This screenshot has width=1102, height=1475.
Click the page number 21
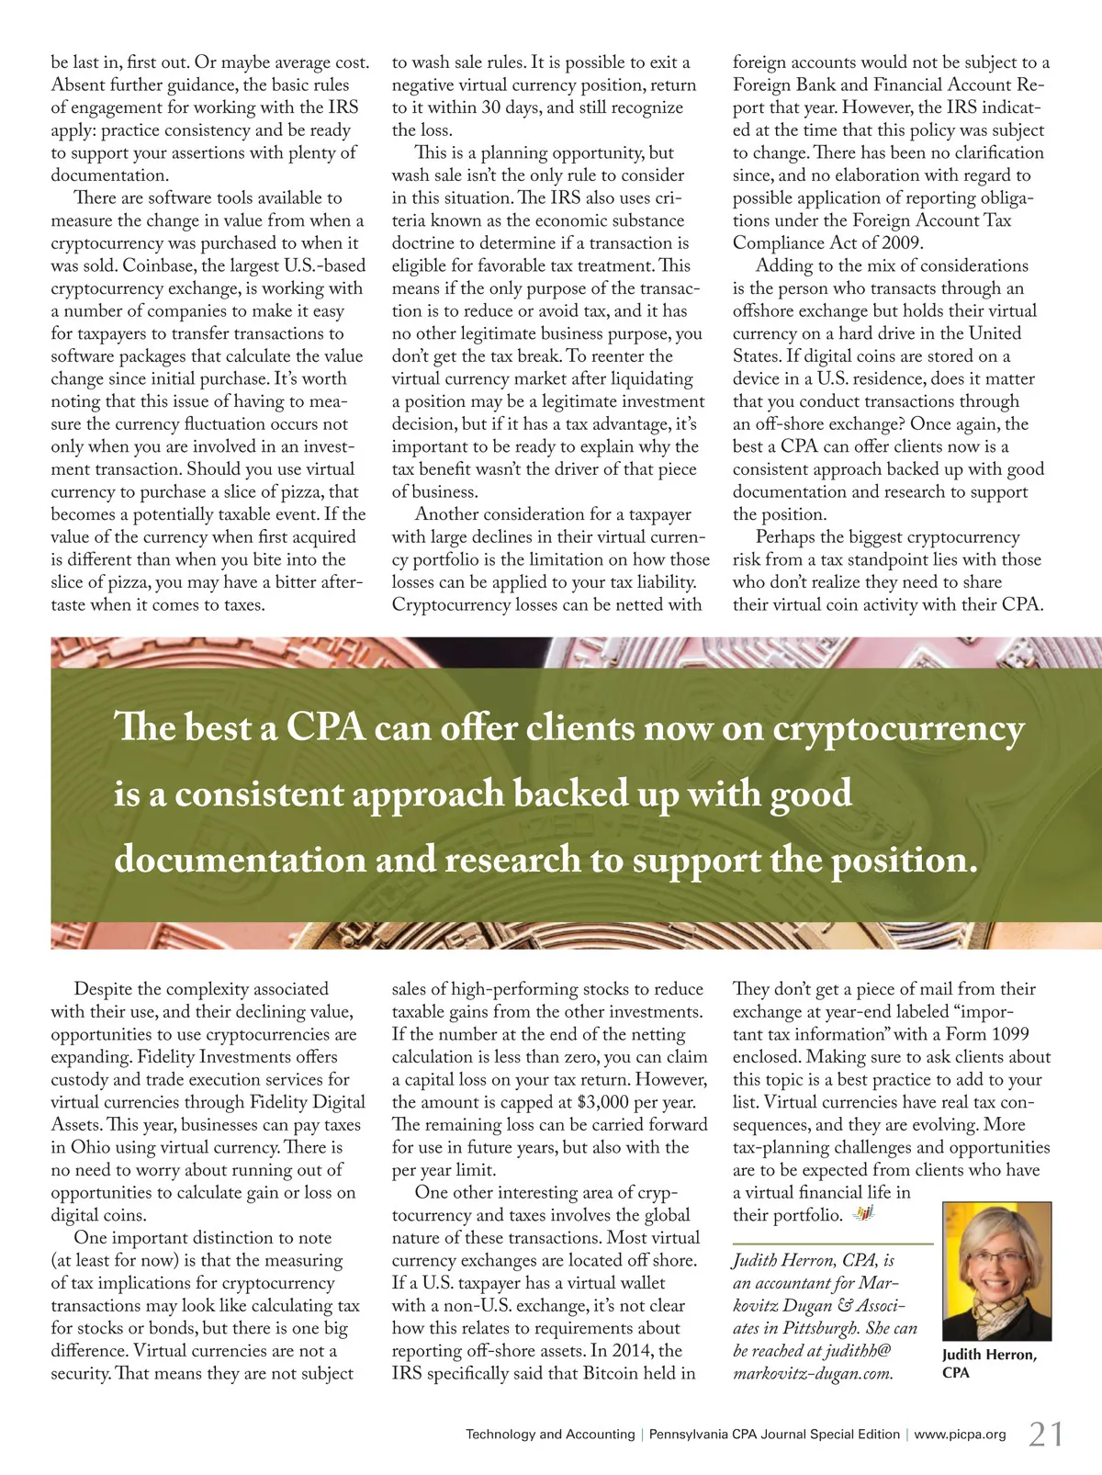tap(1045, 1433)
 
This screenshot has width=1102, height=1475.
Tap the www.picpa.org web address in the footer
tap(960, 1434)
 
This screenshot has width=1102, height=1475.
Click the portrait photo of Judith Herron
tap(996, 1271)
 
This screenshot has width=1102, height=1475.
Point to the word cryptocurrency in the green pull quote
tap(898, 728)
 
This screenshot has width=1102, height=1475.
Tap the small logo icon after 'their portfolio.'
tap(863, 1215)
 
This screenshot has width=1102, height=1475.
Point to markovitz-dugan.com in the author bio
tap(813, 1374)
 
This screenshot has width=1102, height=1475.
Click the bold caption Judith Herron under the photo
tap(989, 1355)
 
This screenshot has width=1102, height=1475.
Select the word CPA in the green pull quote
tap(326, 728)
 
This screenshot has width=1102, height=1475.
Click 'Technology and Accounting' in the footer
tap(550, 1434)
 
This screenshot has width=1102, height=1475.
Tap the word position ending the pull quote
tap(904, 860)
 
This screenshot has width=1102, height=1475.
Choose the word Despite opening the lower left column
tap(103, 989)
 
